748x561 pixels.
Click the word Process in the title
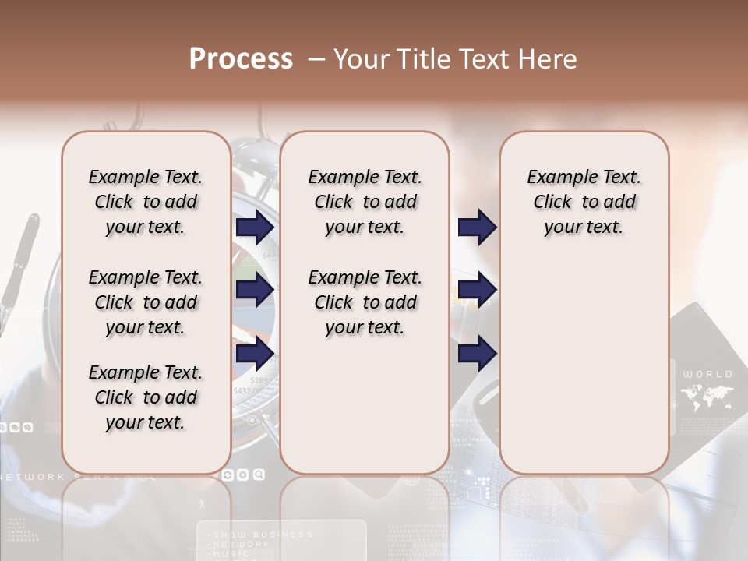coord(241,59)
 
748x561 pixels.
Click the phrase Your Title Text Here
coord(455,59)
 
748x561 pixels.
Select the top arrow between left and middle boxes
coord(255,227)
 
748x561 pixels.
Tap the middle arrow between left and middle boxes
coord(255,290)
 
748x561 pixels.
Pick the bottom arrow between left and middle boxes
coord(255,355)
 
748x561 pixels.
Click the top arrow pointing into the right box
coord(477,227)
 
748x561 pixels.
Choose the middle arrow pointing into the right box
coord(477,290)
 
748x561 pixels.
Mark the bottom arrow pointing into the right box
coord(477,355)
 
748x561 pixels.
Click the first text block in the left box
coord(146,202)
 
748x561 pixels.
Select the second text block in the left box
coord(146,302)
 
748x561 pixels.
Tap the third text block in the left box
coord(146,397)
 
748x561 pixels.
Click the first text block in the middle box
coord(365,202)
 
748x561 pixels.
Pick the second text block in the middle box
coord(365,302)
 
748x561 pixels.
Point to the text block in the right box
coord(584,202)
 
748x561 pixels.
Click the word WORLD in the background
coord(707,374)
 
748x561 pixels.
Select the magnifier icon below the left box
coord(258,474)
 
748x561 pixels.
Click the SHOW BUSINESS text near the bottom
coord(263,535)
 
